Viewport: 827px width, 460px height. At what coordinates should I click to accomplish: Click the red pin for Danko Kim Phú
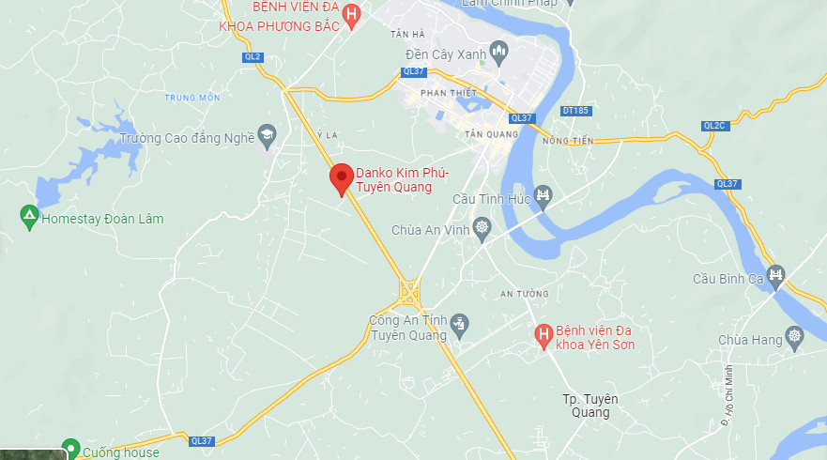pyautogui.click(x=341, y=176)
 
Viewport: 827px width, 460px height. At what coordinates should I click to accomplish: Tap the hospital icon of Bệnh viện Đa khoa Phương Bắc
pyautogui.click(x=351, y=14)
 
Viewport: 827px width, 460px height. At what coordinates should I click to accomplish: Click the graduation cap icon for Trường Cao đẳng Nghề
pyautogui.click(x=268, y=136)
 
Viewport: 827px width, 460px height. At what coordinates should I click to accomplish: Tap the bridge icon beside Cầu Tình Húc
pyautogui.click(x=543, y=196)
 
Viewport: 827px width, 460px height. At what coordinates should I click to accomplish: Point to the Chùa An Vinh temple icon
pyautogui.click(x=482, y=228)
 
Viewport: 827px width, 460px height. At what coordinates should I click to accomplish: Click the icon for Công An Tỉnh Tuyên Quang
pyautogui.click(x=458, y=325)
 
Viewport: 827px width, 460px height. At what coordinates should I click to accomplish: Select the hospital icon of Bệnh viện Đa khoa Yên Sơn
pyautogui.click(x=542, y=334)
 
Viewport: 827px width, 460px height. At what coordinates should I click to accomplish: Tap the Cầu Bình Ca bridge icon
pyautogui.click(x=775, y=274)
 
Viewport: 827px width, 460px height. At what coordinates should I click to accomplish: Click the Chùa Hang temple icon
pyautogui.click(x=796, y=336)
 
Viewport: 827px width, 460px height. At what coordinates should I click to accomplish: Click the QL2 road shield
pyautogui.click(x=253, y=57)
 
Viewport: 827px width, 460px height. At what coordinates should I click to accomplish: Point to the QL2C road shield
pyautogui.click(x=714, y=126)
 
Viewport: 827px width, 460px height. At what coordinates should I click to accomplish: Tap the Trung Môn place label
pyautogui.click(x=191, y=98)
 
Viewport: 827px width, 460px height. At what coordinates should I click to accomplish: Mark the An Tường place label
pyautogui.click(x=523, y=294)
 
